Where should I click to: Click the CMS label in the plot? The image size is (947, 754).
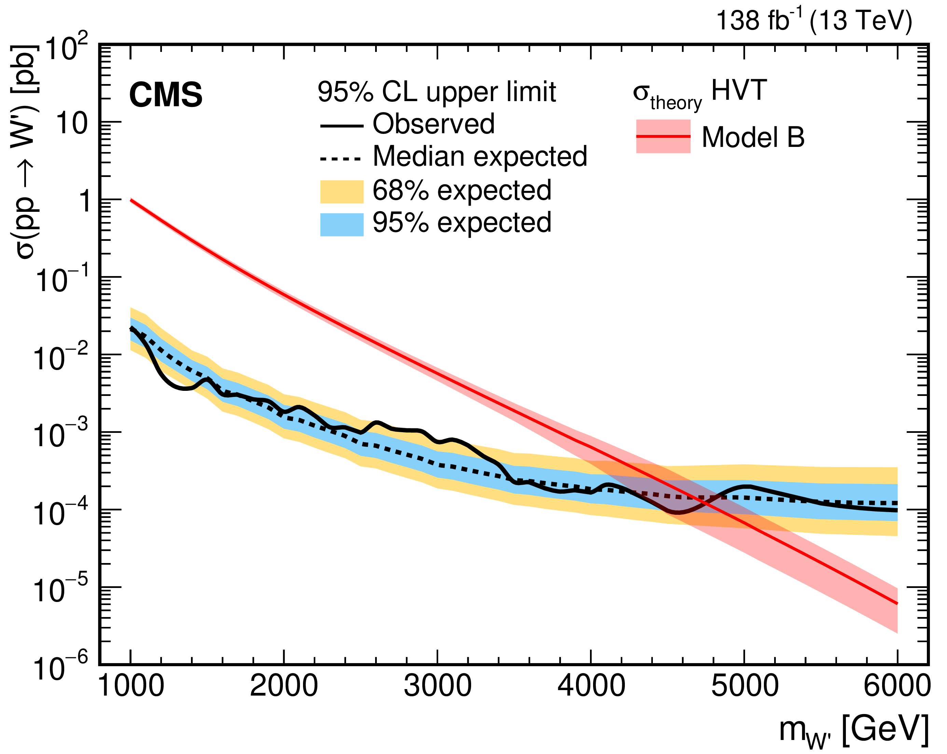tap(166, 95)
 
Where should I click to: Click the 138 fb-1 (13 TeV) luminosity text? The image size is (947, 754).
tap(813, 20)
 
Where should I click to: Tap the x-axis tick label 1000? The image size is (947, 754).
tap(131, 686)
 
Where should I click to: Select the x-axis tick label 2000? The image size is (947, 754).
tap(284, 686)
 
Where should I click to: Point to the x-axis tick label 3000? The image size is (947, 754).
tap(438, 686)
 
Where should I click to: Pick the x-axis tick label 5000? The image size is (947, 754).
tap(744, 686)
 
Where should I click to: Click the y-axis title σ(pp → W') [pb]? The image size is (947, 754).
tap(26, 151)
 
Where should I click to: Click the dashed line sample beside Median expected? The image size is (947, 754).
tap(341, 159)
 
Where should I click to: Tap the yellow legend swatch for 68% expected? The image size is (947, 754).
tap(342, 192)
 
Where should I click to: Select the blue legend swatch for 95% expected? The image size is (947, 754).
tap(342, 224)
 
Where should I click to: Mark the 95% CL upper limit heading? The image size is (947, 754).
tap(437, 92)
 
